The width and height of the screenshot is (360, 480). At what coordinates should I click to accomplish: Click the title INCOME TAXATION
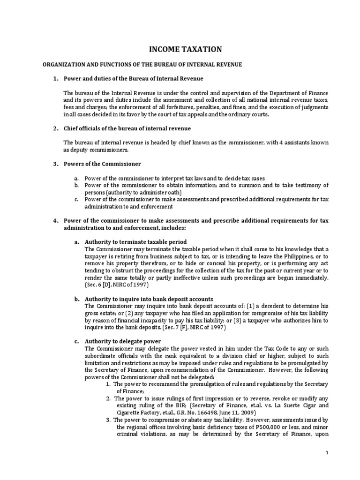pyautogui.click(x=179, y=49)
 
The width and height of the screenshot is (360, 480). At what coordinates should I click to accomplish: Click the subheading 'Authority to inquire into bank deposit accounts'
pyautogui.click(x=149, y=299)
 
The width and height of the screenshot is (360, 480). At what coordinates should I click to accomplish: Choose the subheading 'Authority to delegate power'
pyautogui.click(x=122, y=341)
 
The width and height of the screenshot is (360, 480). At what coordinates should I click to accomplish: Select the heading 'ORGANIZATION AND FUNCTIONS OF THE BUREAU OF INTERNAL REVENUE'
pyautogui.click(x=136, y=64)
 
